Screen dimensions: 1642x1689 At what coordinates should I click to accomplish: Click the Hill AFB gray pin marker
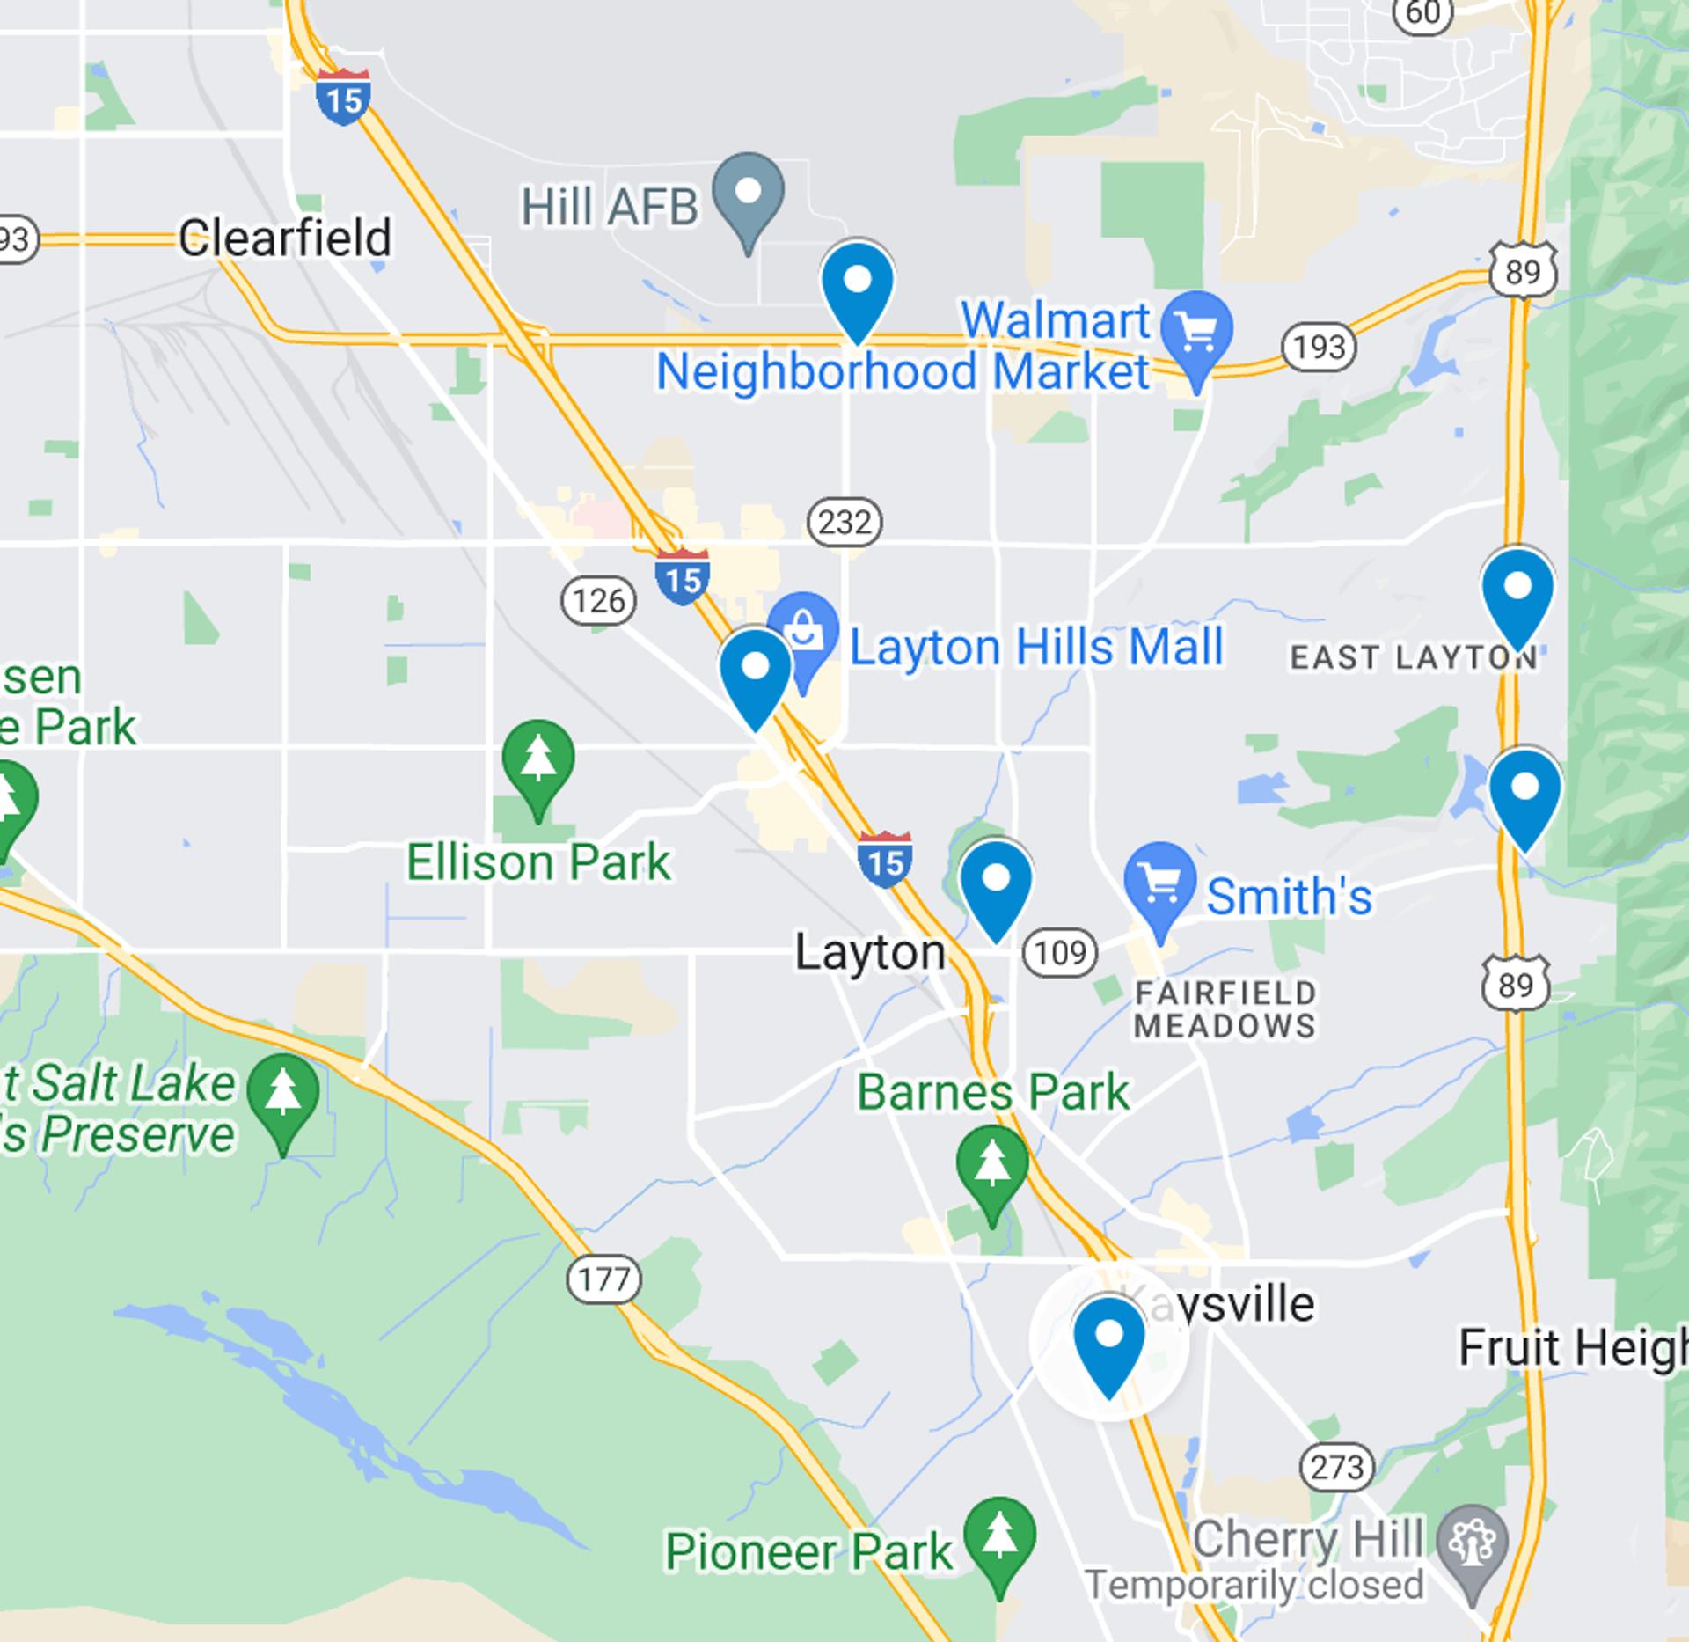coord(748,194)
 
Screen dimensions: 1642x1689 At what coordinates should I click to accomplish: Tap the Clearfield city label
coord(284,238)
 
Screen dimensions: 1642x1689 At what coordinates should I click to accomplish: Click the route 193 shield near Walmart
coord(1319,347)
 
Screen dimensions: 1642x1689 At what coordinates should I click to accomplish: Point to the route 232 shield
coord(844,523)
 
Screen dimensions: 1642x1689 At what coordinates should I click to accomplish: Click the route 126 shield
coord(598,601)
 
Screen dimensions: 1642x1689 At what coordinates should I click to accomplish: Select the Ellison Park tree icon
coord(538,760)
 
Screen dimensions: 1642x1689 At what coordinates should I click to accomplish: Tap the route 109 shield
coord(1060,952)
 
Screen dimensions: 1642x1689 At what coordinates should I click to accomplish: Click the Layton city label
coord(870,953)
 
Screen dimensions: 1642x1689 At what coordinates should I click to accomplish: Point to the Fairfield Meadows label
coord(1225,1009)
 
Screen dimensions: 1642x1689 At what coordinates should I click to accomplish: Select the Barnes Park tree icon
coord(992,1166)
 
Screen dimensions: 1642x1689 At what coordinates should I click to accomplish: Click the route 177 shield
coord(603,1279)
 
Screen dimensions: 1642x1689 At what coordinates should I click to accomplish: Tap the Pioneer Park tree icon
coord(999,1537)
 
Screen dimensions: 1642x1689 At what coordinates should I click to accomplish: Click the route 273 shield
coord(1336,1467)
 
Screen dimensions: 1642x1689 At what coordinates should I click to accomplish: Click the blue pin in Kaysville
coord(1109,1340)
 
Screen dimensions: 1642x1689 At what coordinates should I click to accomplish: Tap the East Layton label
coord(1413,657)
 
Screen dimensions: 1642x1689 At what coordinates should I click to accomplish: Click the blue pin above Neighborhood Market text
coord(858,286)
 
